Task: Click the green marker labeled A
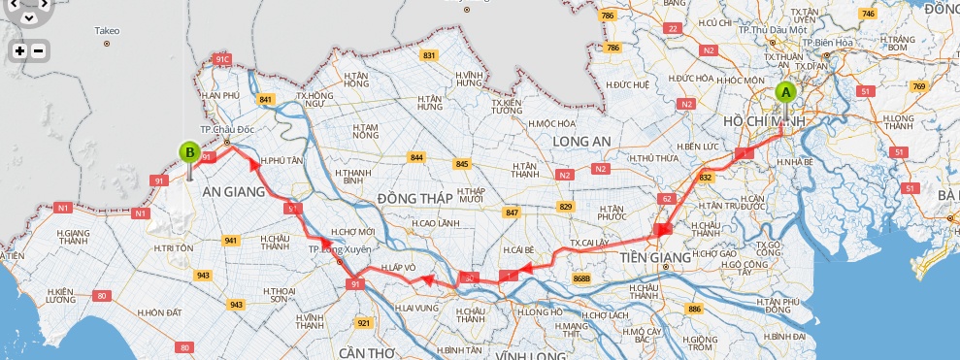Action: click(x=785, y=93)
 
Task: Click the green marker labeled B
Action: click(x=189, y=151)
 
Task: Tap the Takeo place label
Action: click(x=107, y=31)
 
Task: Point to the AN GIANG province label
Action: click(x=233, y=192)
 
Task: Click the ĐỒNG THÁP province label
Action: click(x=415, y=198)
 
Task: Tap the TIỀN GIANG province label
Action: click(x=654, y=257)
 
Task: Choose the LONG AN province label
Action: click(x=580, y=142)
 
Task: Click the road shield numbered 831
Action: click(x=429, y=56)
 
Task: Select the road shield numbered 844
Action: click(x=417, y=157)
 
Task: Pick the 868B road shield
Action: click(x=581, y=278)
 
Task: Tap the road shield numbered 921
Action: click(x=364, y=322)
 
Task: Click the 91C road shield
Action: click(x=222, y=59)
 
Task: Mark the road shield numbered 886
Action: click(x=693, y=309)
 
